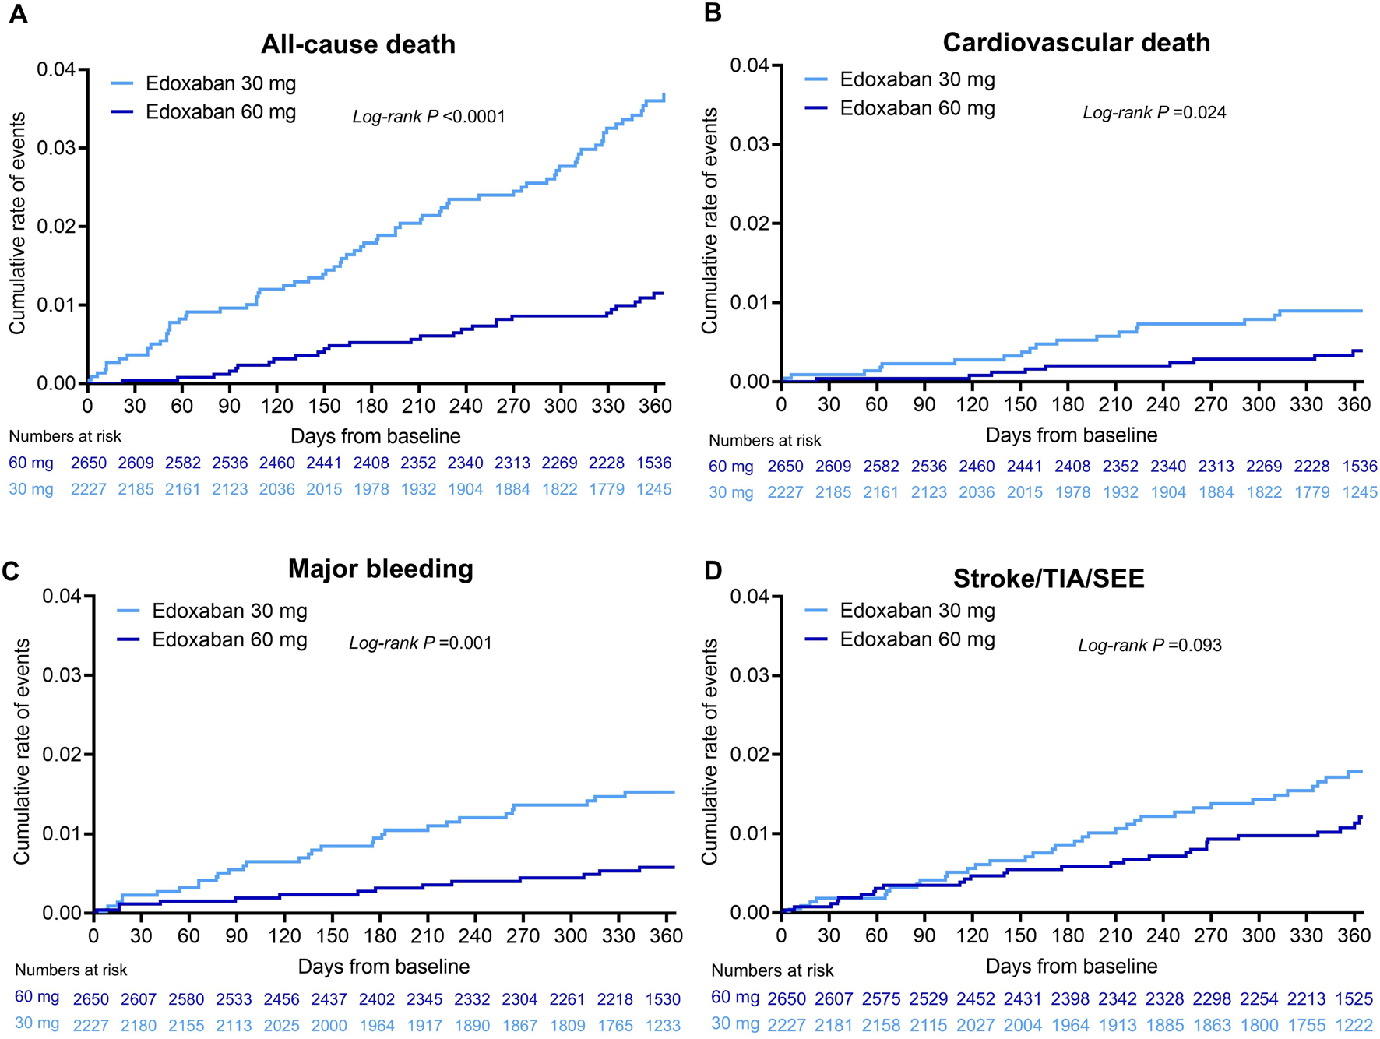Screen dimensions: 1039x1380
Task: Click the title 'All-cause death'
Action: tap(358, 44)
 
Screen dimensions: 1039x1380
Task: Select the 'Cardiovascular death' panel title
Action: tap(1076, 42)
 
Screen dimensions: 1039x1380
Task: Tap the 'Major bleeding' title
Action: tap(381, 569)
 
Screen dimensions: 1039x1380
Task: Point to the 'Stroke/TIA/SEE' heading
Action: tap(1049, 578)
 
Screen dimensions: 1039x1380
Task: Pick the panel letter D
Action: tap(713, 571)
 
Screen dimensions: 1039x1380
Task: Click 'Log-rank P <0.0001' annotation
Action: tap(429, 117)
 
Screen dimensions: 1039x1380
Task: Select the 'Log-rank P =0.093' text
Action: tap(1149, 645)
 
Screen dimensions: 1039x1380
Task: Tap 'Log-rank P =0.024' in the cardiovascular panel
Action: tap(1154, 113)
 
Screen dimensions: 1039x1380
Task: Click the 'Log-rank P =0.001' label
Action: tap(421, 643)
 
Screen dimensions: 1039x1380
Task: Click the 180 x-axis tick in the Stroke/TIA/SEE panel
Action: tap(1068, 935)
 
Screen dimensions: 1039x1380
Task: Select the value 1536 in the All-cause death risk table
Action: tap(653, 463)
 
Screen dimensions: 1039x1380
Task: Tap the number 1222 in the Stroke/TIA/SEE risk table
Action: tap(1354, 1025)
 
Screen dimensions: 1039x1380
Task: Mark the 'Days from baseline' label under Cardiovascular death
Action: tap(1072, 435)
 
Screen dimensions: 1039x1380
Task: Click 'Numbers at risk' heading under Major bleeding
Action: tap(71, 970)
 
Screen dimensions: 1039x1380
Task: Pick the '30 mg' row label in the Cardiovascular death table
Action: tap(730, 492)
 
